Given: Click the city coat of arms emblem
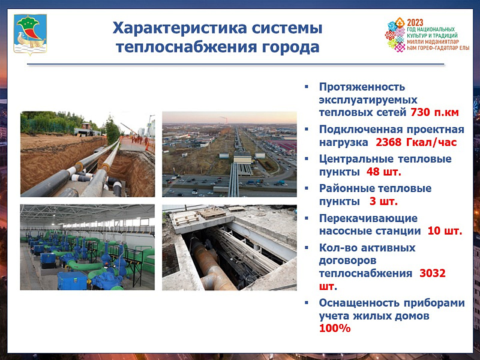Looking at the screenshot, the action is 31,34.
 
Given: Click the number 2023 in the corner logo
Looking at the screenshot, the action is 415,23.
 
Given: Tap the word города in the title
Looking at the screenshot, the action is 291,47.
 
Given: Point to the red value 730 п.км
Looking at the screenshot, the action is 434,113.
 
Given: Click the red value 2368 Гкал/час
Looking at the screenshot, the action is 416,142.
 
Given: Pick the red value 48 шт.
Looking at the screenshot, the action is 383,172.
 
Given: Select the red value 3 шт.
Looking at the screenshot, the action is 383,202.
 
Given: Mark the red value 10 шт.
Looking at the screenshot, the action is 445,231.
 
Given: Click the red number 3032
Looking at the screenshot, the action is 432,273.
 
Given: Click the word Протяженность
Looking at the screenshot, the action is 362,87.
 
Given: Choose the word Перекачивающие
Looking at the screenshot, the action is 368,218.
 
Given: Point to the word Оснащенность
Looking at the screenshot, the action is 359,303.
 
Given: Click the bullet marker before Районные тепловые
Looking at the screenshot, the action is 307,188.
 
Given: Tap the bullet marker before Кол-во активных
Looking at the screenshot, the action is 307,247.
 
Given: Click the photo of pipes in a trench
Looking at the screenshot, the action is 88,154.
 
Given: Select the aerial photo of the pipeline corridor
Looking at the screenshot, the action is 229,154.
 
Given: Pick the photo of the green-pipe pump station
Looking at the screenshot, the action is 88,247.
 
